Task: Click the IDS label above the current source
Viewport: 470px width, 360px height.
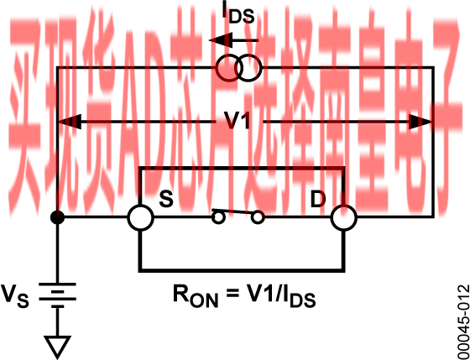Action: (238, 13)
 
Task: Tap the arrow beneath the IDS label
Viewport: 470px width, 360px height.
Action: (234, 40)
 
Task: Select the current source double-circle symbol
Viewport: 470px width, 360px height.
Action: (238, 68)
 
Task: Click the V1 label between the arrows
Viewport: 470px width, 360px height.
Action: (238, 121)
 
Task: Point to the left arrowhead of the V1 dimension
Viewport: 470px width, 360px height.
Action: (70, 122)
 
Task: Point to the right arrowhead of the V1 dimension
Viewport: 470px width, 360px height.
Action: (420, 122)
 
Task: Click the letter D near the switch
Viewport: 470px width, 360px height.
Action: (318, 199)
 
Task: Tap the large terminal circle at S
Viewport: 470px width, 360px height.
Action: (141, 217)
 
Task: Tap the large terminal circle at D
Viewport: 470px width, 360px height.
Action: (344, 217)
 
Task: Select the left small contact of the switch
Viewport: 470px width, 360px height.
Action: (218, 217)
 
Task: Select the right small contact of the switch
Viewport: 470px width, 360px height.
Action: (258, 217)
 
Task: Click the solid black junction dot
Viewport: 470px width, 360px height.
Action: (57, 217)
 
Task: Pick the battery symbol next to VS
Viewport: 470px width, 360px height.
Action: (57, 295)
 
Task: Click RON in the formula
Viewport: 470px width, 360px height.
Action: (196, 295)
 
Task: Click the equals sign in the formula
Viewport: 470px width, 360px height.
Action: (231, 294)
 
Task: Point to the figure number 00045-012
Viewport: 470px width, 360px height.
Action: (463, 322)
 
